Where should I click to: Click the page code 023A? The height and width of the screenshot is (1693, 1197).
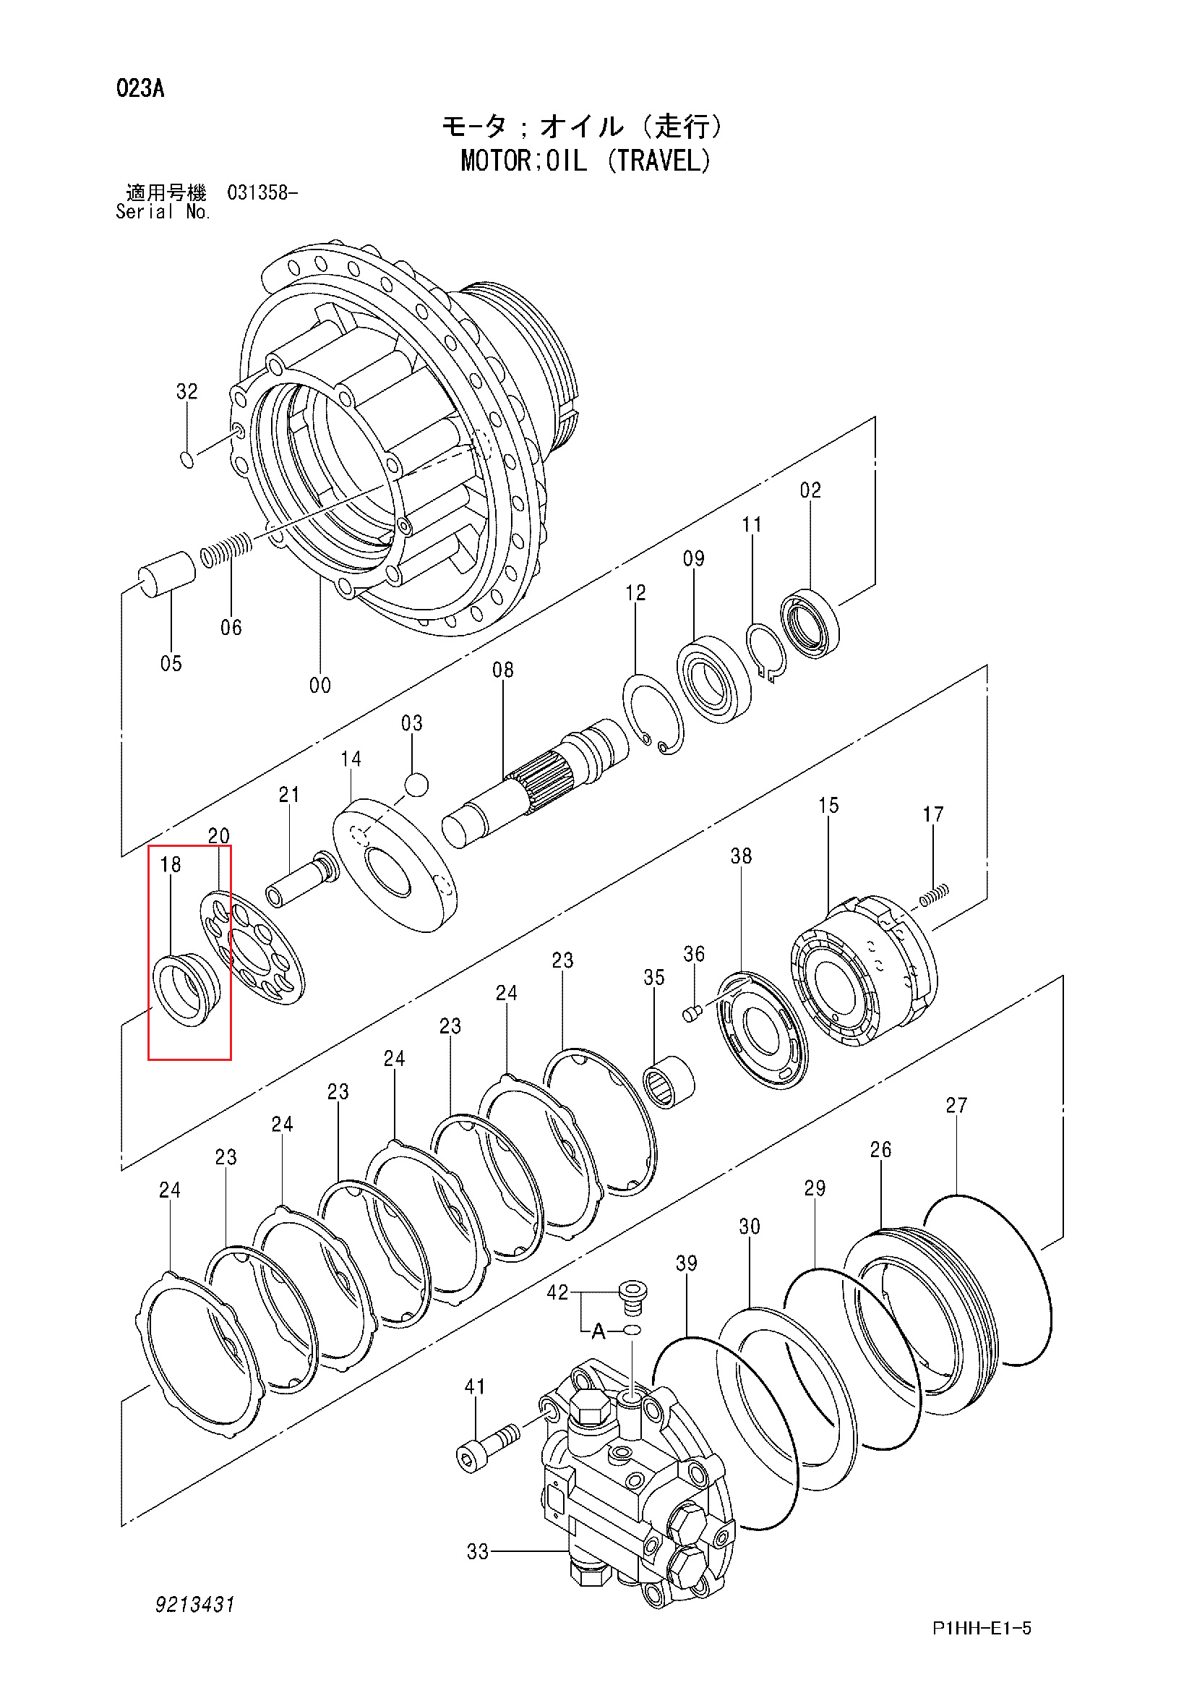140,89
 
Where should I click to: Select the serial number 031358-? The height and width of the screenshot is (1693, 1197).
262,193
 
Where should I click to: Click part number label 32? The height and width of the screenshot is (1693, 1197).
186,391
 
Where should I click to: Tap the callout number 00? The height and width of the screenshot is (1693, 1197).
320,685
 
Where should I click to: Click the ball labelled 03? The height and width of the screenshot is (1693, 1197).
416,784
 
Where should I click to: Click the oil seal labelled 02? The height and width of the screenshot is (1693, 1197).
810,624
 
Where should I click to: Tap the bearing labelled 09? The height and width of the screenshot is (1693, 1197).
714,679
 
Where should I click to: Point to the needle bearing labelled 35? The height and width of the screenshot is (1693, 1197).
669,1083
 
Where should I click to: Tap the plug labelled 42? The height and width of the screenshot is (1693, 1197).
631,1297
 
